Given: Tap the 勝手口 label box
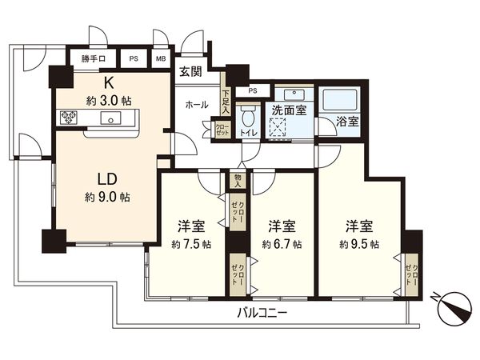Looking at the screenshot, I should (x=95, y=58).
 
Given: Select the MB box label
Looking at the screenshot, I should (x=161, y=58).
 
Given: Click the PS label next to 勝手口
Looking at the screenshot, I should (x=134, y=58).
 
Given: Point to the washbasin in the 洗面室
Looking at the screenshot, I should (x=286, y=92).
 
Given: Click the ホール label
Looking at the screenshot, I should (x=197, y=105).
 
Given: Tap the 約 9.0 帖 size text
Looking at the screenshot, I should (x=109, y=197).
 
